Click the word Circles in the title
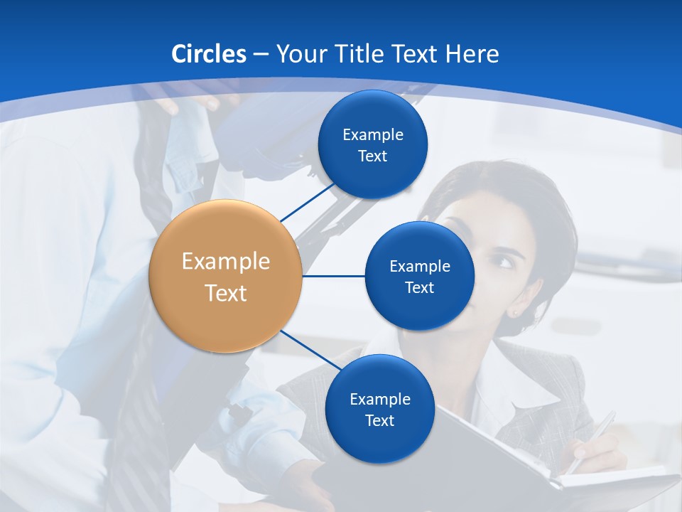click(x=209, y=54)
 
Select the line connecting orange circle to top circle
click(x=307, y=201)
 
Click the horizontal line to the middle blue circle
click(x=333, y=276)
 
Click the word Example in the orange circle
click(x=226, y=262)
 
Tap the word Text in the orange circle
click(x=226, y=293)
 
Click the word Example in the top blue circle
click(x=373, y=134)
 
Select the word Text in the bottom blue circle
click(x=379, y=420)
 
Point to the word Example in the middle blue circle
click(x=420, y=266)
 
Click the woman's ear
click(x=513, y=311)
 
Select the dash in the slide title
click(x=260, y=55)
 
